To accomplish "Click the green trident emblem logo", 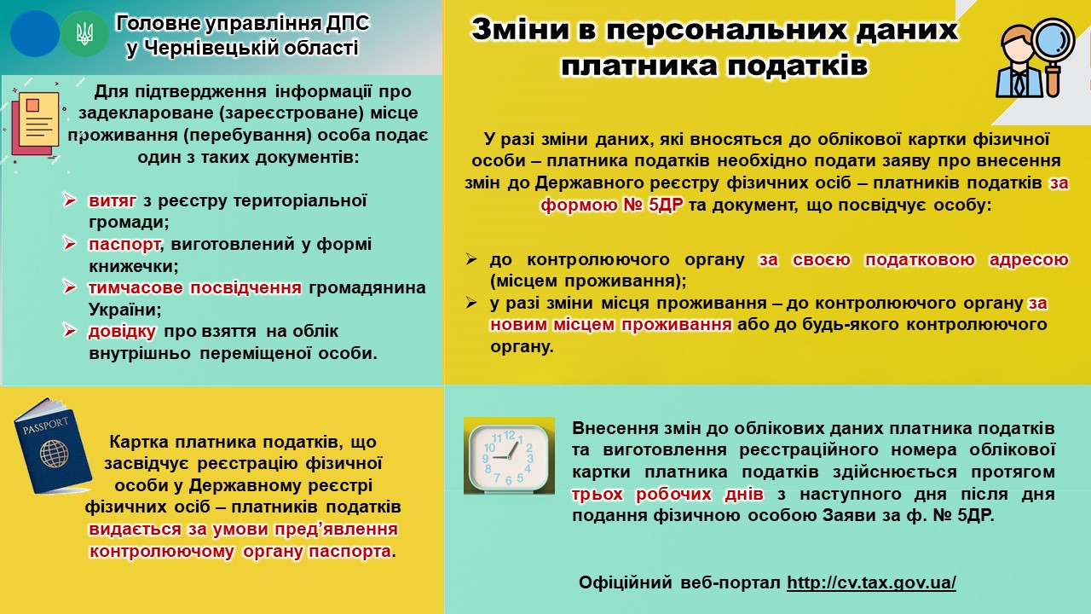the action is coord(84,34).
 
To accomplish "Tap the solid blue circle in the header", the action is coord(35,34).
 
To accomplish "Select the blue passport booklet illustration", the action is coord(53,446).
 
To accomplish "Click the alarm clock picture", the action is coord(509,455).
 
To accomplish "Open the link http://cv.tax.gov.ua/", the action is coord(871,582).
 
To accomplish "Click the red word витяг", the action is coord(113,200).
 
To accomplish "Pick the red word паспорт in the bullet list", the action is coord(124,244).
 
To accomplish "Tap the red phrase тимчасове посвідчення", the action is coord(195,287).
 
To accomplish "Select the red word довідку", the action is coord(122,332).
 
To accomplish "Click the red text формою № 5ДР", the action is coord(612,206).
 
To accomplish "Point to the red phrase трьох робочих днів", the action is coord(667,494).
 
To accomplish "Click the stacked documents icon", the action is coord(35,125).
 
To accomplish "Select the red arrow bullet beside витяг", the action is coord(70,200).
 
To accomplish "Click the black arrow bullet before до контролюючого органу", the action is coord(471,258).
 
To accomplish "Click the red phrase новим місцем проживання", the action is coord(611,325).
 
